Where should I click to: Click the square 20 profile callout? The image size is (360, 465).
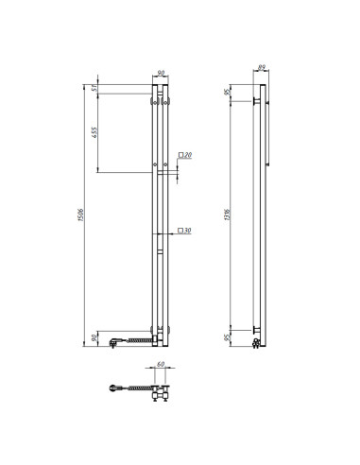point(184,155)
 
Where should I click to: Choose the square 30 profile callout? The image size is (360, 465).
point(184,231)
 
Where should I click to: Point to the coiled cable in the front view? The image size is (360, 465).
point(137,336)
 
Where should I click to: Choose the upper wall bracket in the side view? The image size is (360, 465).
point(256,99)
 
